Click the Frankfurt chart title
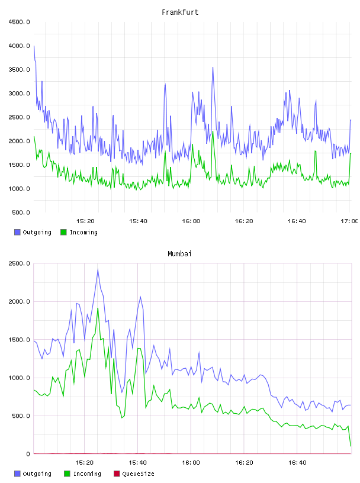pyautogui.click(x=180, y=12)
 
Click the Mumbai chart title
pyautogui.click(x=179, y=254)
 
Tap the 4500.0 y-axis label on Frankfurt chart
pyautogui.click(x=19, y=22)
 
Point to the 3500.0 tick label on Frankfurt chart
pyautogui.click(x=19, y=70)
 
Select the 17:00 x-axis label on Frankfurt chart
pyautogui.click(x=349, y=221)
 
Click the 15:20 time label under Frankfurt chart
pyautogui.click(x=85, y=221)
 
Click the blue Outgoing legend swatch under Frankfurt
pyautogui.click(x=17, y=232)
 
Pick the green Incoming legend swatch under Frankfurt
pyautogui.click(x=63, y=232)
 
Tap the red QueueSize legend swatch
pyautogui.click(x=117, y=474)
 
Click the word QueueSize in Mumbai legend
pyautogui.click(x=138, y=474)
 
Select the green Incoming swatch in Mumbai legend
pyautogui.click(x=67, y=474)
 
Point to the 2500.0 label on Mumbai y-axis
pyautogui.click(x=19, y=263)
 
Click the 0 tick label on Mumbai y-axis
pyautogui.click(x=28, y=454)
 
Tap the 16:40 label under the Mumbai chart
pyautogui.click(x=297, y=463)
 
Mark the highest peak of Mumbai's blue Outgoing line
pyautogui.click(x=98, y=269)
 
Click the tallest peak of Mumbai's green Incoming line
pyautogui.click(x=98, y=308)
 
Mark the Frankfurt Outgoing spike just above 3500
pyautogui.click(x=213, y=67)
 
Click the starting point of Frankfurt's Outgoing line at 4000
pyautogui.click(x=34, y=46)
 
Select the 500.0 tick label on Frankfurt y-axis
pyautogui.click(x=21, y=212)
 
